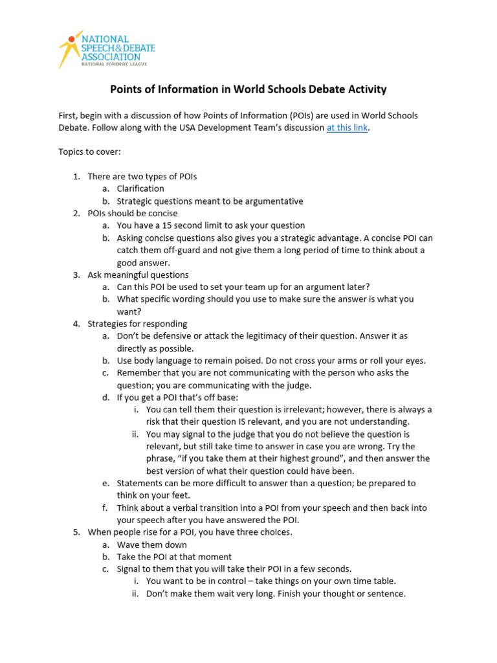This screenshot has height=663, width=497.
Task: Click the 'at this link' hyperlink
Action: coord(347,128)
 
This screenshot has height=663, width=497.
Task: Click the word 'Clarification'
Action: coord(140,188)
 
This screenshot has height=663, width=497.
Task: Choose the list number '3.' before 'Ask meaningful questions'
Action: coord(76,275)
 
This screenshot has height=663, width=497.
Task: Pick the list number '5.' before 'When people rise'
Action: coord(76,532)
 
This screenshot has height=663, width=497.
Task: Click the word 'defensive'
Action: coord(165,336)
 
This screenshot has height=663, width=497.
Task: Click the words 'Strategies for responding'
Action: coord(137,324)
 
